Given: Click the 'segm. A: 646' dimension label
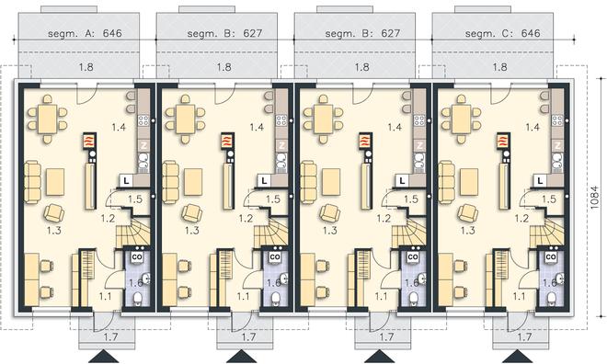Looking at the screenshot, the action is pyautogui.click(x=85, y=33).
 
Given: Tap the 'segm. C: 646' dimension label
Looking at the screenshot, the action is pyautogui.click(x=502, y=33).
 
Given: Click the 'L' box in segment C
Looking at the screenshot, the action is pyautogui.click(x=541, y=180).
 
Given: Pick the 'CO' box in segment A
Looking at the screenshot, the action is pyautogui.click(x=137, y=256).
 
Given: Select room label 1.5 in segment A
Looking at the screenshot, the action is pyautogui.click(x=135, y=199).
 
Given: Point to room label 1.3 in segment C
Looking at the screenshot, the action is pyautogui.click(x=467, y=231).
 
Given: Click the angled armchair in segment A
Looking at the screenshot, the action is pyautogui.click(x=54, y=213).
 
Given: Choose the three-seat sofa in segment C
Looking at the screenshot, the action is pyautogui.click(x=446, y=183).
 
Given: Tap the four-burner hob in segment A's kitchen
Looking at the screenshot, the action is pyautogui.click(x=143, y=120).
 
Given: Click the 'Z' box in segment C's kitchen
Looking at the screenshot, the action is pyautogui.click(x=557, y=146).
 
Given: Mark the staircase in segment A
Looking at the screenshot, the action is pyautogui.click(x=133, y=232).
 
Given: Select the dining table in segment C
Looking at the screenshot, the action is pyautogui.click(x=462, y=119).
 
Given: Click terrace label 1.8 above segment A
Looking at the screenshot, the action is pyautogui.click(x=86, y=67).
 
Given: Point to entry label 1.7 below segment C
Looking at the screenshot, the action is pyautogui.click(x=524, y=337).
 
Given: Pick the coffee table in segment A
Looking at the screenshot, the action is pyautogui.click(x=55, y=182).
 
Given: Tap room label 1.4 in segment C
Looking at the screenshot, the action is pyautogui.click(x=533, y=127).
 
